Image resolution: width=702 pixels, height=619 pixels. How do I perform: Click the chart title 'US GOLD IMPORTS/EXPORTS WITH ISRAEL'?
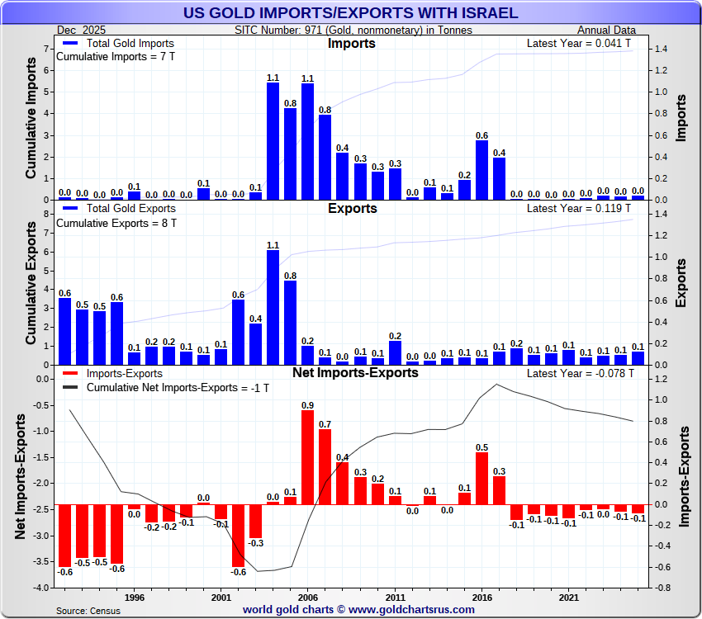350,12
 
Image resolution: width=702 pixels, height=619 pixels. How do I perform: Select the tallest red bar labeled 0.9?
307,458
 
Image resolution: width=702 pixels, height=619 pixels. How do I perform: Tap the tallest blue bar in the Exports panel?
273,307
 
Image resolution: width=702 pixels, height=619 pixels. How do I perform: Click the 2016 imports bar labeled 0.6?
481,170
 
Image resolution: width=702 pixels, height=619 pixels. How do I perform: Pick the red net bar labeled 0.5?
481,478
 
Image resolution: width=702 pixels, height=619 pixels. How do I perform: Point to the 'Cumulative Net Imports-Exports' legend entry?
164,387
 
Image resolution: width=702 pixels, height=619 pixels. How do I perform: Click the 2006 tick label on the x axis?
307,596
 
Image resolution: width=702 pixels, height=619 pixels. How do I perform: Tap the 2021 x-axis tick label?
568,596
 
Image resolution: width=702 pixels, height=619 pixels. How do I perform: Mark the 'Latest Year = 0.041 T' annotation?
580,43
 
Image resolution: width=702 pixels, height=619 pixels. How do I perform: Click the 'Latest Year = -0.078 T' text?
580,373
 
